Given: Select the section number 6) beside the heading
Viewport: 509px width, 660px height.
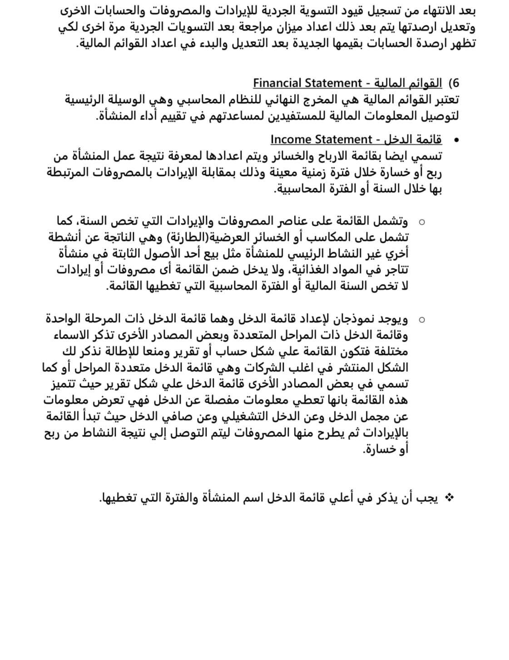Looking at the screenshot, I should point(454,84).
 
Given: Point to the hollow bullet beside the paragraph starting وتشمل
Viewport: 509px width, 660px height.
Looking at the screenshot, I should point(422,222).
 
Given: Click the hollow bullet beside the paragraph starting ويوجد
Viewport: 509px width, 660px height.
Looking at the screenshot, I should point(422,320).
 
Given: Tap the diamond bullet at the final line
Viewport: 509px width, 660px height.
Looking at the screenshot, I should point(450,498).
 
